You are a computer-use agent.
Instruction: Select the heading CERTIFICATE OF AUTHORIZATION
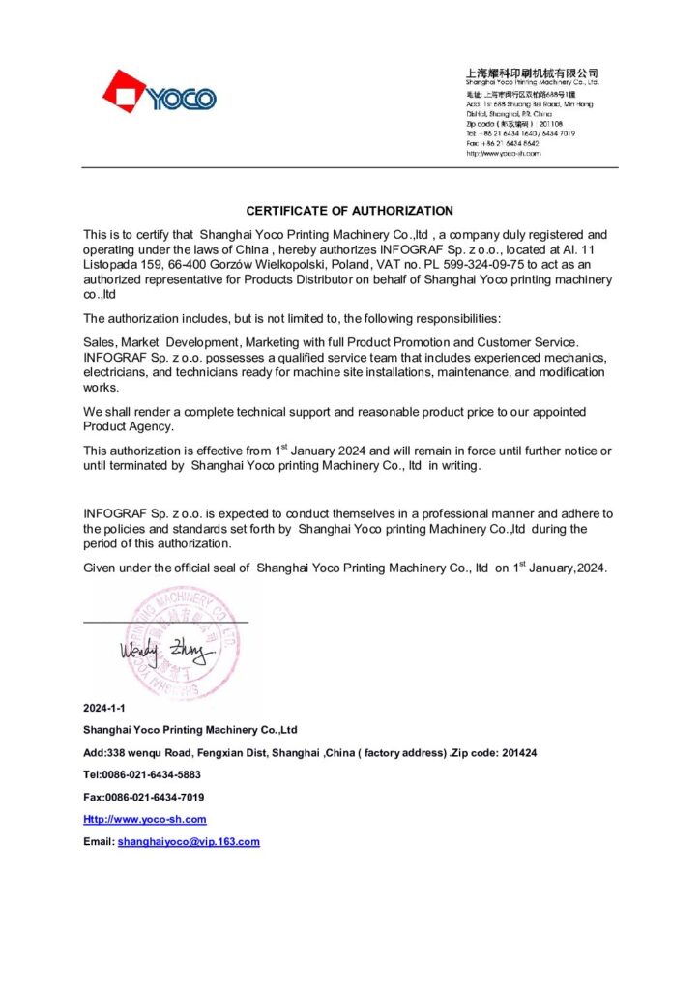tap(349, 210)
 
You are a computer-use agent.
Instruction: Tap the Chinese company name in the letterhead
tap(532, 73)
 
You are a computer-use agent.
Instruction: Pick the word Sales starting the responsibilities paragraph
tap(101, 342)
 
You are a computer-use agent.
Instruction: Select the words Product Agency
tap(128, 426)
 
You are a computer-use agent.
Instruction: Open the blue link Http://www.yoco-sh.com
tap(145, 819)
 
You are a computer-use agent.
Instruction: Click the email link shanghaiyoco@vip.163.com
tap(189, 841)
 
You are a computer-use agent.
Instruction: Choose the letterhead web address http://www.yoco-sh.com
tap(502, 153)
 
